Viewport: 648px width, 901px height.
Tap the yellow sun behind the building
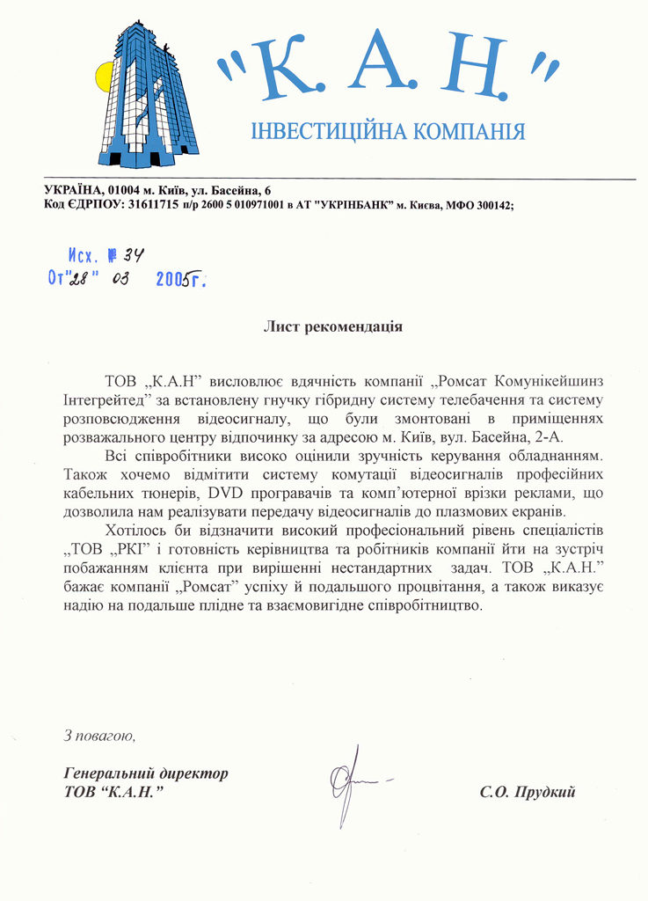[104, 77]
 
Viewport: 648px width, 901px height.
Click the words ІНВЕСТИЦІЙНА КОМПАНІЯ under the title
[388, 132]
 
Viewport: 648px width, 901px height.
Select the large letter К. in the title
[284, 64]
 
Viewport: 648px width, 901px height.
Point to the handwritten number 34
[133, 255]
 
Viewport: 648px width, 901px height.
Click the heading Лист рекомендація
[333, 326]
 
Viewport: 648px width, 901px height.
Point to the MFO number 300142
[486, 204]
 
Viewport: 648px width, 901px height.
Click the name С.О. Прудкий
[527, 792]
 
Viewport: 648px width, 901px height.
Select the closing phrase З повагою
[98, 734]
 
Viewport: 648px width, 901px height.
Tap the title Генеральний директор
[146, 773]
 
